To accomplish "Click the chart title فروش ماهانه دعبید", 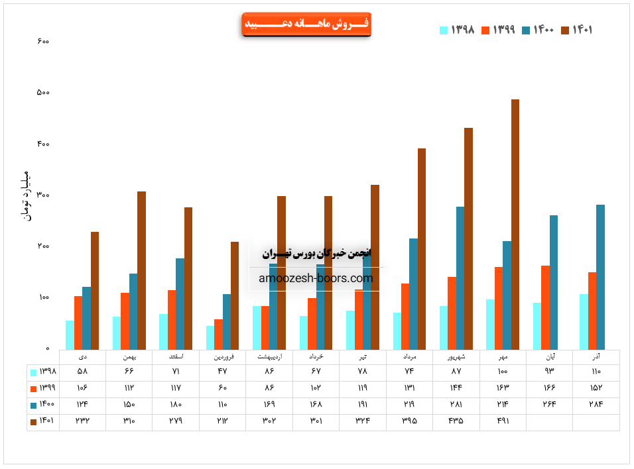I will click(x=306, y=25).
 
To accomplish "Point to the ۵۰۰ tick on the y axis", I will click(x=44, y=93).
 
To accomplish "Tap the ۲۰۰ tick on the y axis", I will click(x=44, y=246).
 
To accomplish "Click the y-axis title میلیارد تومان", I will click(x=26, y=196).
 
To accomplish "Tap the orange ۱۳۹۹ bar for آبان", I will click(x=545, y=307).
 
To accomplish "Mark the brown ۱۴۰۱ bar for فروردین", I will click(x=235, y=295).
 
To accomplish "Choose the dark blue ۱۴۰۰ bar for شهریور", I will click(x=460, y=278).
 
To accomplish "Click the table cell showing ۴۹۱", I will click(x=503, y=420).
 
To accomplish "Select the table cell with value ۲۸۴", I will click(x=596, y=404).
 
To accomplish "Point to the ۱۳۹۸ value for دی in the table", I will click(x=83, y=372).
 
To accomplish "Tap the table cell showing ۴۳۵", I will click(x=456, y=420).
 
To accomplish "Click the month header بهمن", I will click(x=129, y=357).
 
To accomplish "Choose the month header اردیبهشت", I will click(x=269, y=357).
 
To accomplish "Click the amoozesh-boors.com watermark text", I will click(x=316, y=279).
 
